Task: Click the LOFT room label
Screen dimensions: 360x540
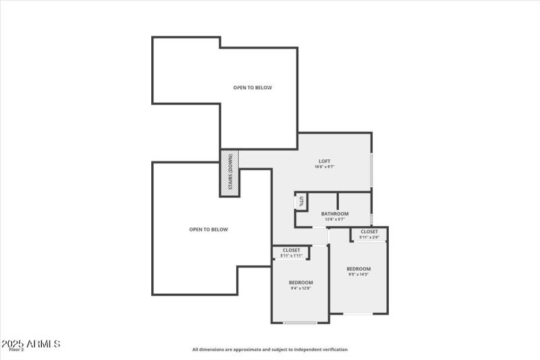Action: (325, 161)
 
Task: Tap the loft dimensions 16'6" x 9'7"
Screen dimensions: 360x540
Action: (325, 167)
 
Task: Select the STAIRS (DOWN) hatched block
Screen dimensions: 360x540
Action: (230, 174)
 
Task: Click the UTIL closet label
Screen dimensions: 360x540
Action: (302, 201)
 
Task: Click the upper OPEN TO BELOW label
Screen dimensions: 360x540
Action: (252, 88)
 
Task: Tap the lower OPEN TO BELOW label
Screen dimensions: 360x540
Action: (209, 230)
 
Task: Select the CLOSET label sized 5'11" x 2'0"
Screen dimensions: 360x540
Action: (369, 232)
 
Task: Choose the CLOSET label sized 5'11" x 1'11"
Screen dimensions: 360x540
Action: (292, 250)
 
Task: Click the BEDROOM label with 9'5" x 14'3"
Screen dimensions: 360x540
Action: (359, 269)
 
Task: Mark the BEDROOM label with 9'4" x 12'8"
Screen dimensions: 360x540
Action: (300, 282)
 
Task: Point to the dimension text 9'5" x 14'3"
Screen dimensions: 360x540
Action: (359, 274)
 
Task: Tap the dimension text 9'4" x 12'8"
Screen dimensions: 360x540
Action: (300, 288)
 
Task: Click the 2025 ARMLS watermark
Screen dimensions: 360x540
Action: (32, 344)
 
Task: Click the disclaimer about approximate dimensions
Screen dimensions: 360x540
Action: (270, 349)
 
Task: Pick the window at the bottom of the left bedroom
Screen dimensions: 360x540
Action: (300, 323)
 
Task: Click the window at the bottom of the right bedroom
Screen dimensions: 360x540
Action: (358, 313)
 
